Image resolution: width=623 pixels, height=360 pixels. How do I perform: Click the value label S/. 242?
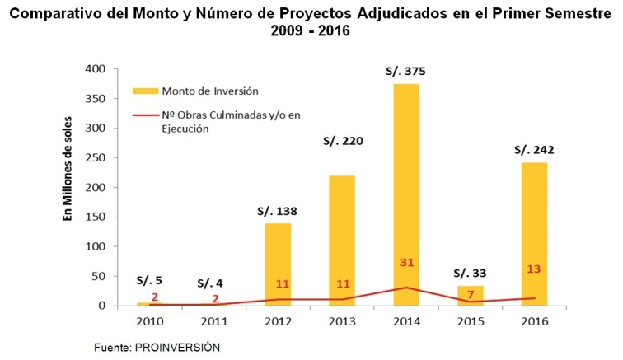(x=533, y=150)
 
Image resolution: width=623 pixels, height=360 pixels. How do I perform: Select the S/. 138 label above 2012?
(x=277, y=211)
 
